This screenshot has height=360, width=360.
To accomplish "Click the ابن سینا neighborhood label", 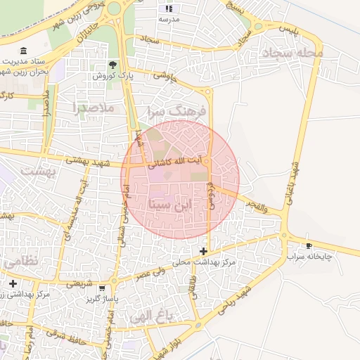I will tap(169, 205).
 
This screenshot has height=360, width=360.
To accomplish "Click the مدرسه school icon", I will tap(169, 8).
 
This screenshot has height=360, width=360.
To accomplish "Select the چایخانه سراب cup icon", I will tap(309, 245).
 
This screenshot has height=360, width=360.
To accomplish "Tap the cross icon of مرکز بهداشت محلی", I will tap(203, 250).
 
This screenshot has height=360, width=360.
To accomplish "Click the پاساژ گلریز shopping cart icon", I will tap(103, 288).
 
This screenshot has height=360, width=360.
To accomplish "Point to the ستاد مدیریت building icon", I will tap(25, 51).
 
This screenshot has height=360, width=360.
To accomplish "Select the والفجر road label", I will tap(257, 205).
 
